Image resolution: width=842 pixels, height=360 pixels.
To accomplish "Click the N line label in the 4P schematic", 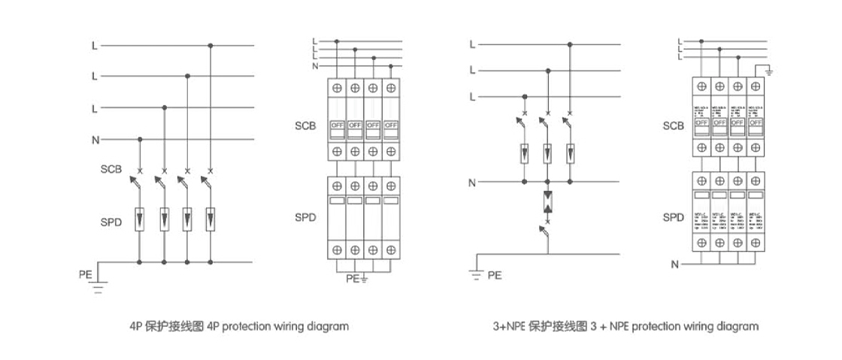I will coord(94,140).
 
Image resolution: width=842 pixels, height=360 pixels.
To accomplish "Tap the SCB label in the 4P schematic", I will coord(111,169).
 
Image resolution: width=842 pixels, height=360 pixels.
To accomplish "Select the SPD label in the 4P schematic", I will coord(111,222).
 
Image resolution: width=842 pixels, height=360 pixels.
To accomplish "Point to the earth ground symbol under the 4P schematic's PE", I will coord(98,286).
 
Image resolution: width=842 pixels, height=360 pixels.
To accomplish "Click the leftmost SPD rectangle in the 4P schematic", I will coord(141,219).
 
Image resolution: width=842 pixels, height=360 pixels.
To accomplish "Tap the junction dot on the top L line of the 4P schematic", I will coord(210,46).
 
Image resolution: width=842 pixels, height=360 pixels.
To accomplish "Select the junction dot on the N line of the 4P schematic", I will coord(141,139).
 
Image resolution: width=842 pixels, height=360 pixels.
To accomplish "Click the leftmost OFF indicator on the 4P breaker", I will coord(336,125).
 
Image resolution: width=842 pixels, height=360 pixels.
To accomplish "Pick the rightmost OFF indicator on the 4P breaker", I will coord(390,125).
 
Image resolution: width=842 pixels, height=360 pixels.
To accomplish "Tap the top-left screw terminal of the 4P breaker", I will coord(336,88).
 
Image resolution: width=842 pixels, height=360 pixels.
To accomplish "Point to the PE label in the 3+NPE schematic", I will coord(494,275).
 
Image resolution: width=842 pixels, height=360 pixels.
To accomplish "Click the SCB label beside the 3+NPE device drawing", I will coord(673,126).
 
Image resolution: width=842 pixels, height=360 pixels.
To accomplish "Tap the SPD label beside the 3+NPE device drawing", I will coord(673,217).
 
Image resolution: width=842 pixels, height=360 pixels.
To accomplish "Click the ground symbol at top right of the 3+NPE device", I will coord(768,72).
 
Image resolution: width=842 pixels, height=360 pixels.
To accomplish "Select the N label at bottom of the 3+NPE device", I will coord(674,265).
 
